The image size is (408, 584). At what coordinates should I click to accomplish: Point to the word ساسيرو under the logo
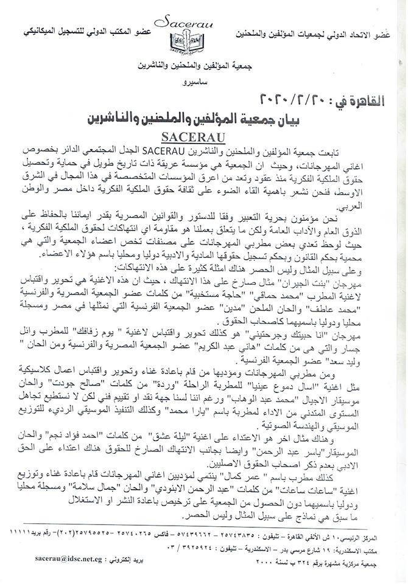(x=183, y=81)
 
